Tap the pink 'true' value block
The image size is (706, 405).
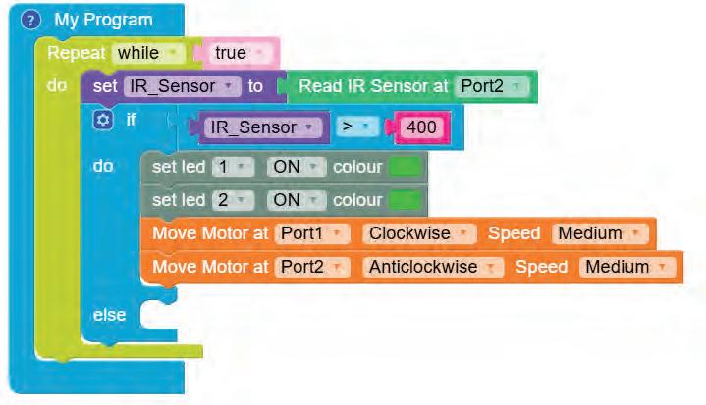pyautogui.click(x=239, y=52)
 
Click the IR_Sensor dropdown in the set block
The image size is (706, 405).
pyautogui.click(x=183, y=86)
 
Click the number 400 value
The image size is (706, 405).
pyautogui.click(x=421, y=127)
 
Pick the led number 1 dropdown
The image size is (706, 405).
pyautogui.click(x=233, y=167)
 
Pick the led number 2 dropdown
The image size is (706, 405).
pyautogui.click(x=233, y=200)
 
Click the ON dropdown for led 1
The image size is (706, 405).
pyautogui.click(x=296, y=167)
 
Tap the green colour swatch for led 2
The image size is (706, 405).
pyautogui.click(x=405, y=200)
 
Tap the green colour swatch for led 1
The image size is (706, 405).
pyautogui.click(x=405, y=167)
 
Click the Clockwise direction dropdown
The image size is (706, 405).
pyautogui.click(x=420, y=233)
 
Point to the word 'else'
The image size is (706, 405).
pyautogui.click(x=109, y=315)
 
